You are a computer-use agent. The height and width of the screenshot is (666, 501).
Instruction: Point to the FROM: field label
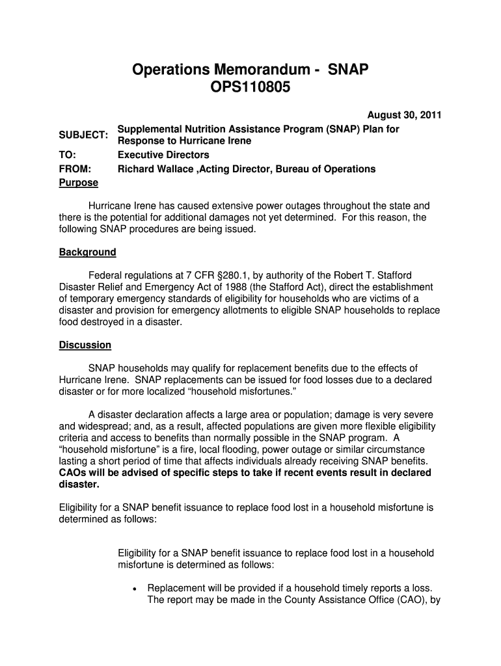click(x=74, y=169)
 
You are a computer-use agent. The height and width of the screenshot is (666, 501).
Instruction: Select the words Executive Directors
click(x=163, y=155)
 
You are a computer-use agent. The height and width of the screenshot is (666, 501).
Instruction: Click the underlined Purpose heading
click(x=78, y=183)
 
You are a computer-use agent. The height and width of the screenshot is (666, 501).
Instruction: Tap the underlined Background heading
click(x=87, y=252)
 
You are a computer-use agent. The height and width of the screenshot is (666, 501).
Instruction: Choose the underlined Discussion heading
click(x=85, y=345)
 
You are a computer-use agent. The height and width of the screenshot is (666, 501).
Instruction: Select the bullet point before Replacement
click(x=133, y=588)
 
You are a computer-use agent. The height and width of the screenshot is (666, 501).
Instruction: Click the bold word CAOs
click(x=74, y=473)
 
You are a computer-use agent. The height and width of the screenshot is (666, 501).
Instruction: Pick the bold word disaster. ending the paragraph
click(x=79, y=485)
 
